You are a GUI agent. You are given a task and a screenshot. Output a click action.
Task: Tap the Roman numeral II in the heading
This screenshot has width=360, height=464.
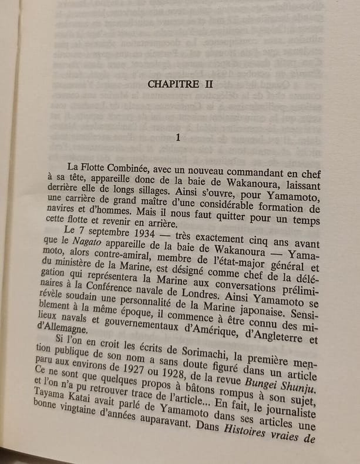pyautogui.click(x=208, y=85)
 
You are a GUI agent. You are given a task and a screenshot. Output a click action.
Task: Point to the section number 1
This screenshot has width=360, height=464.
pyautogui.click(x=178, y=137)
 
